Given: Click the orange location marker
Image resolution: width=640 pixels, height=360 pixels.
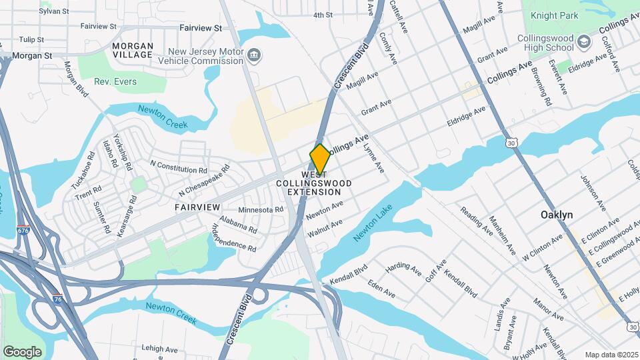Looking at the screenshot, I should pyautogui.click(x=320, y=159).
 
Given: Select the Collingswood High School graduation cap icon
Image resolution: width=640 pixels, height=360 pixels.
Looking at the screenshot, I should pyautogui.click(x=584, y=41).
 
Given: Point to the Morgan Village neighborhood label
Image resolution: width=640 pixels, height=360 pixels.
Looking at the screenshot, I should pyautogui.click(x=132, y=50).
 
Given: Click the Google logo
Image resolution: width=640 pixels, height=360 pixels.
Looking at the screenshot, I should pyautogui.click(x=22, y=351).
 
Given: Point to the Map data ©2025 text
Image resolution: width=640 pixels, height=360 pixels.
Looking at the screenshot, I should pyautogui.click(x=611, y=355).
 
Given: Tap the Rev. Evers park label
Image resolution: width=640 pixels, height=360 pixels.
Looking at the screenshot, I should pyautogui.click(x=115, y=82).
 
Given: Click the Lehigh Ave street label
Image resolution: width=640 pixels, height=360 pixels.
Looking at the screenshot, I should pyautogui.click(x=159, y=349).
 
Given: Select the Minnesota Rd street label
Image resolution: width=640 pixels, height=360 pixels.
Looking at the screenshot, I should pyautogui.click(x=261, y=209).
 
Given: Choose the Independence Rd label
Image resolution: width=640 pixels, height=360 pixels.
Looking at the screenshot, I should pyautogui.click(x=234, y=237).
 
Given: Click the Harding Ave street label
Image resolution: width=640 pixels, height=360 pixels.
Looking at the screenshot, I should pyautogui.click(x=404, y=268).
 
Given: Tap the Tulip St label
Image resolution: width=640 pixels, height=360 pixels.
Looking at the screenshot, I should pyautogui.click(x=31, y=40).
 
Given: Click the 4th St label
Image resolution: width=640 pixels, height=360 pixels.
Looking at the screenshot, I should pyautogui.click(x=323, y=15).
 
